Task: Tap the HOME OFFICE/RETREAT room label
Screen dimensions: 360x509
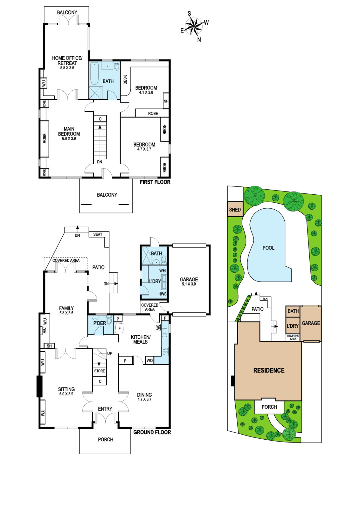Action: coord(67,61)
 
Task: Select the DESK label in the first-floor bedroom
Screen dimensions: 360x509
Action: coord(125,80)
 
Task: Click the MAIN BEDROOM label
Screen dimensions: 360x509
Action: coord(69,131)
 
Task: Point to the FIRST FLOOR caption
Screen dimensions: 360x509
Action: coord(155,182)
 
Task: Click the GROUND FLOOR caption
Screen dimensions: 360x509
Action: coord(152,432)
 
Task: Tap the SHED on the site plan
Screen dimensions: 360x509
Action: coord(235,209)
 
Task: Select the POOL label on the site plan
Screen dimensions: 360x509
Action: coord(268,248)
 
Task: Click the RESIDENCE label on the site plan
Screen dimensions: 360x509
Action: coord(269,370)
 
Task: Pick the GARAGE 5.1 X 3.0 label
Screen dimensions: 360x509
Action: coord(189,281)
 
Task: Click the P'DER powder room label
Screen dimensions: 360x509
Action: coord(100,323)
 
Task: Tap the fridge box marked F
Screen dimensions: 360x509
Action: coord(120,328)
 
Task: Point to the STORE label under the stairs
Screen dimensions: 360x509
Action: coord(100,371)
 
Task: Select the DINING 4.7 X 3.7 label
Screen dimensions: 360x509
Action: coord(144,397)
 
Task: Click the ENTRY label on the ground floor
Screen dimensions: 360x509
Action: coord(105,409)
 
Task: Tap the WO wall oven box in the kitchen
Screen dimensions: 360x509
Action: coord(150,360)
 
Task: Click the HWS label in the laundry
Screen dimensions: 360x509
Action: coord(163,294)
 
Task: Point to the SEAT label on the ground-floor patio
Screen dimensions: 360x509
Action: coord(98,234)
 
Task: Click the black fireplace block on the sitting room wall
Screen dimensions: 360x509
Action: coord(39,386)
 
